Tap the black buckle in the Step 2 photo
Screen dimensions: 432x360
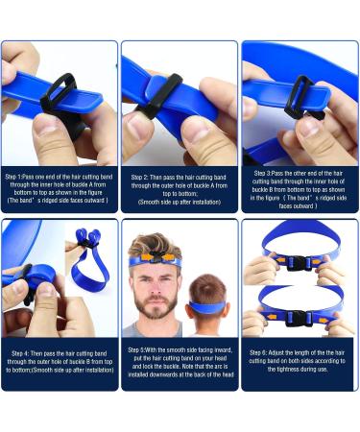coord(161,91)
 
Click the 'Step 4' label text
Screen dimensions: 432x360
coord(24,353)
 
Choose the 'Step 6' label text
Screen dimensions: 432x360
coord(261,353)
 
